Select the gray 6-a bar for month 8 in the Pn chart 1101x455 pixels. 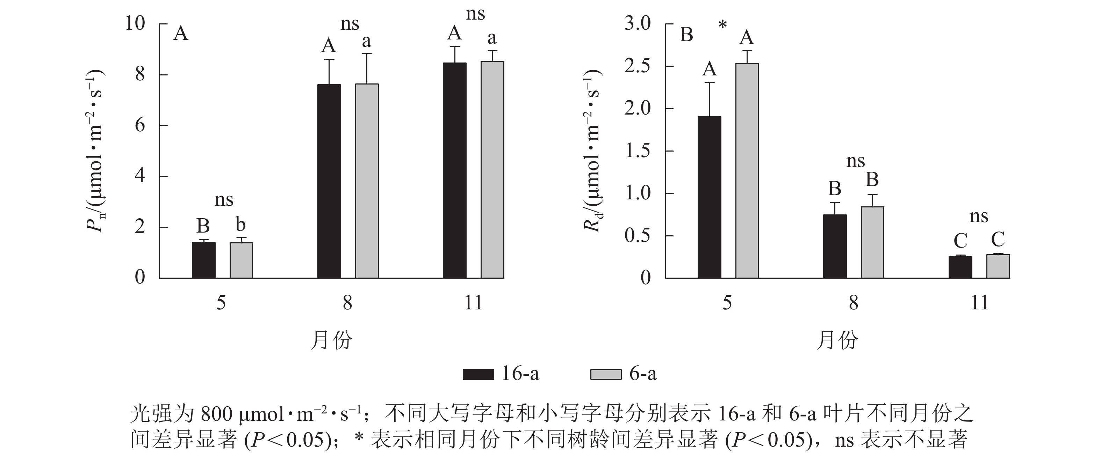(x=367, y=181)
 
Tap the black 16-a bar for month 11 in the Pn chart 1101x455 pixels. (x=454, y=170)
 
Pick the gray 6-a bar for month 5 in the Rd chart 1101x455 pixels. (x=747, y=171)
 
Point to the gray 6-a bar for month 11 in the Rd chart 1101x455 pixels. (x=998, y=266)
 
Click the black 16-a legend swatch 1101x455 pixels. (x=478, y=374)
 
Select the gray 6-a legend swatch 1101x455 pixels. (x=606, y=374)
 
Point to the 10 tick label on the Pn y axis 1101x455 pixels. (x=135, y=23)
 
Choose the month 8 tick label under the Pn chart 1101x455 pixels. (x=347, y=303)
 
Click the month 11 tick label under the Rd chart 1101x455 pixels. (x=980, y=303)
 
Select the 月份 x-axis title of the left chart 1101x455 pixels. (x=331, y=340)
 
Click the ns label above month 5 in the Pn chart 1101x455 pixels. (x=224, y=200)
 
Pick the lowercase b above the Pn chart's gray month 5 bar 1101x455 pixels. (x=240, y=224)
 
